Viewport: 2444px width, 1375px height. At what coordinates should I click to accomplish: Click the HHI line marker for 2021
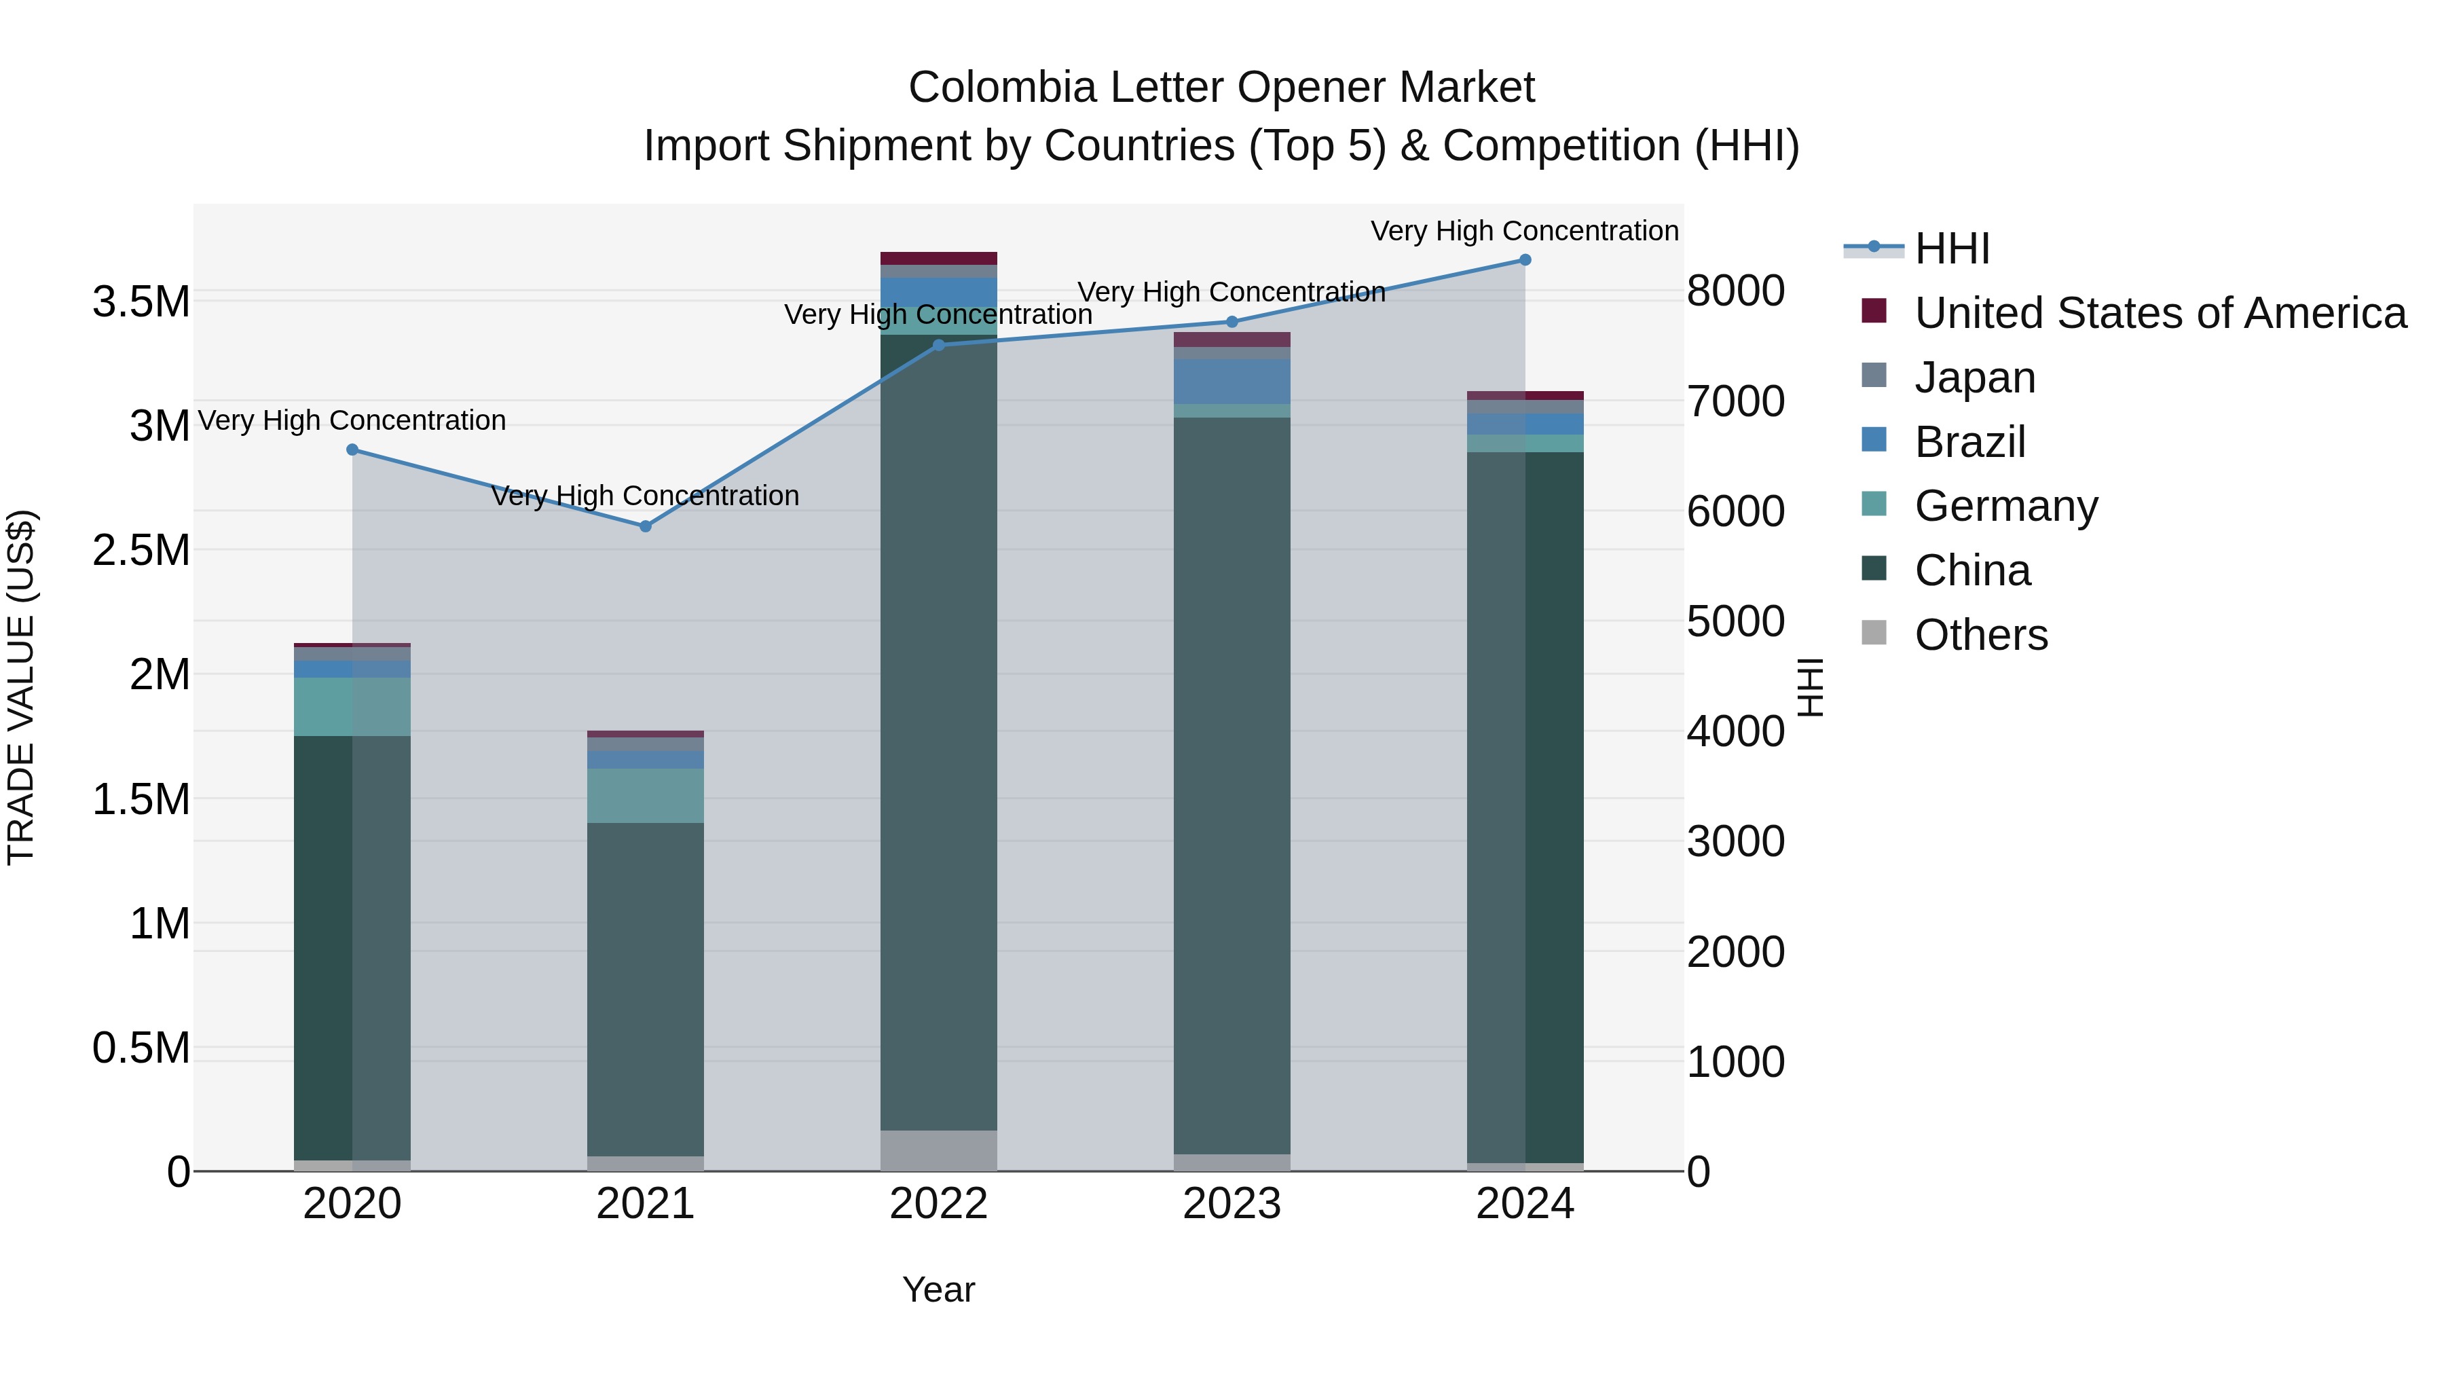(645, 526)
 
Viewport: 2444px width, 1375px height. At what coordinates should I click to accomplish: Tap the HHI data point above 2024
(1525, 260)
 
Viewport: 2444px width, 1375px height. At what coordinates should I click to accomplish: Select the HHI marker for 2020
(352, 450)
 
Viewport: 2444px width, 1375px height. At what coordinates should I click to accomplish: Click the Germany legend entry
(2005, 506)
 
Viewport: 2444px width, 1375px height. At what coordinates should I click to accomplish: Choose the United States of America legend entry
(2160, 313)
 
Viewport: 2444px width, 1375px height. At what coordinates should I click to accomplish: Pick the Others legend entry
(1981, 635)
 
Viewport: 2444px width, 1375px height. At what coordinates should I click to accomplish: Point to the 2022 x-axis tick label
(938, 1204)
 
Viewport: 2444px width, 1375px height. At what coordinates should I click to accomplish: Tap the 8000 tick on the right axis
(1735, 291)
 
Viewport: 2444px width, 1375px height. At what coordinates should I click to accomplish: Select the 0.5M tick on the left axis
(141, 1048)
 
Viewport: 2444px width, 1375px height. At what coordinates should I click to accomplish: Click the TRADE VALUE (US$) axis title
(21, 687)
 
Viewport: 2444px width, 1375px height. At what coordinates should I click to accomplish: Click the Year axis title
(938, 1289)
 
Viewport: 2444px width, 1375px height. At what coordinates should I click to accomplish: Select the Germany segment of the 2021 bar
(645, 795)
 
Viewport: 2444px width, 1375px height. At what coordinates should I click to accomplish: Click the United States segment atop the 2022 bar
(938, 258)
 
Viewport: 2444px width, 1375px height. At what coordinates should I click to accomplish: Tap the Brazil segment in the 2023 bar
(1232, 382)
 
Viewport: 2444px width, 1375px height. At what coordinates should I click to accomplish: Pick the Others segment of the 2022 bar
(938, 1150)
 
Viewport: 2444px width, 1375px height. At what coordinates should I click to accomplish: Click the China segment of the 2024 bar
(1525, 807)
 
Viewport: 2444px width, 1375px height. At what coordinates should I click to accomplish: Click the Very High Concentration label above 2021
(645, 496)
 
